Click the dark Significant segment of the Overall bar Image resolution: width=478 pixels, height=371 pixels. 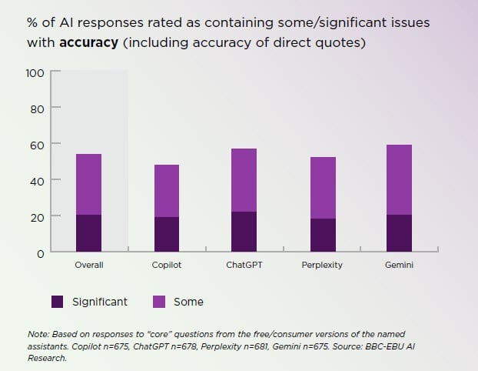(x=89, y=233)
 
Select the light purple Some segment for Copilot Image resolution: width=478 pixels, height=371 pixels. (x=167, y=191)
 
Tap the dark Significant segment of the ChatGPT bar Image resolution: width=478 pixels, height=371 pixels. (x=244, y=232)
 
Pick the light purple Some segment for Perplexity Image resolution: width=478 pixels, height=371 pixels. (x=323, y=188)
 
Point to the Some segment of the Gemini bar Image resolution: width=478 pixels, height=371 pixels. (x=399, y=180)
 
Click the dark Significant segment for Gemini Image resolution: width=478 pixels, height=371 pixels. (x=399, y=233)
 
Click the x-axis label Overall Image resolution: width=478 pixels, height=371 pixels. (x=89, y=265)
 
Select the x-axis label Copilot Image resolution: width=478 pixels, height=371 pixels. (x=167, y=265)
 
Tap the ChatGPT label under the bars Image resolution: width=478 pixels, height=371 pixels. (x=244, y=265)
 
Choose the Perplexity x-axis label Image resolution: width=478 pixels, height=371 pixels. (x=323, y=265)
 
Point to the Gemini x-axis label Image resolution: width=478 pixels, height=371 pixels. (x=399, y=265)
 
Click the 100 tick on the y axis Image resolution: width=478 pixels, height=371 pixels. (x=35, y=72)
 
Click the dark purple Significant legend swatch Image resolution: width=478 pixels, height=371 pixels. (x=58, y=302)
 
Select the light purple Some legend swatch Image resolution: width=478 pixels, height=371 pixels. (x=159, y=302)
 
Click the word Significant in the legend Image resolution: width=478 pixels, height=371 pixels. (x=100, y=302)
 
